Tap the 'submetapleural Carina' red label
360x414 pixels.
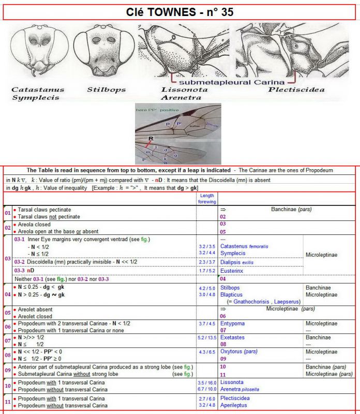coord(230,81)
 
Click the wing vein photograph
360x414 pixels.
coord(177,134)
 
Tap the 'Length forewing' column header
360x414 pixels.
coord(207,198)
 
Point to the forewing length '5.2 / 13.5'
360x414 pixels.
coord(207,337)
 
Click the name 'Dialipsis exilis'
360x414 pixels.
coord(241,262)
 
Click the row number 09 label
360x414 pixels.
coord(7,371)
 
